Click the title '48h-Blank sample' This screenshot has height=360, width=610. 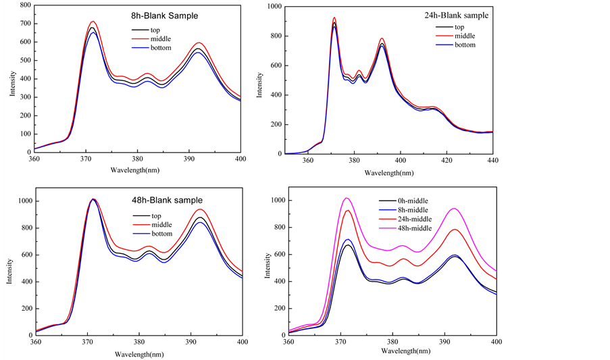165,200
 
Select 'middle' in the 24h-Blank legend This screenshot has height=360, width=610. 460,36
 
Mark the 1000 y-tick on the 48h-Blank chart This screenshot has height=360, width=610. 21,201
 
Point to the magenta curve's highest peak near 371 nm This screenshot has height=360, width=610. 347,198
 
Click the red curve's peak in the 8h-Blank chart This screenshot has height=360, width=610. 93,21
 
